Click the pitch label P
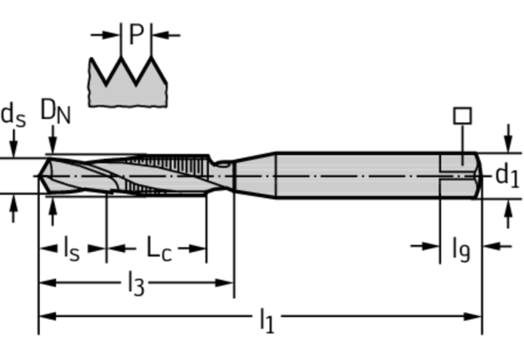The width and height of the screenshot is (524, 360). pyautogui.click(x=136, y=34)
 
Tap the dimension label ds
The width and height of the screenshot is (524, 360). pyautogui.click(x=13, y=115)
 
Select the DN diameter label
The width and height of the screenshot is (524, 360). pyautogui.click(x=56, y=111)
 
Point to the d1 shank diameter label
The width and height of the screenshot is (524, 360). pyautogui.click(x=507, y=175)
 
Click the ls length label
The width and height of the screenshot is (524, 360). pyautogui.click(x=72, y=249)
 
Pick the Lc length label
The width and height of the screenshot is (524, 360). pyautogui.click(x=160, y=249)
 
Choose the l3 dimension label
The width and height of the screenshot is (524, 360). pyautogui.click(x=136, y=283)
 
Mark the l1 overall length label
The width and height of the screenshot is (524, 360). pyautogui.click(x=267, y=320)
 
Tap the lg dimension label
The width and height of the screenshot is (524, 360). pyautogui.click(x=461, y=249)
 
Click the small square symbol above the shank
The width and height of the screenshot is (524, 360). pyautogui.click(x=463, y=116)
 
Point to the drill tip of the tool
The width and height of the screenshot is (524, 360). pyautogui.click(x=39, y=175)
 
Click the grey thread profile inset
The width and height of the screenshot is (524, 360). pyautogui.click(x=127, y=82)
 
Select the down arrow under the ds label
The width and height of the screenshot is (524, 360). pyautogui.click(x=13, y=143)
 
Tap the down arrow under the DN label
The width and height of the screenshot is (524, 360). pyautogui.click(x=53, y=140)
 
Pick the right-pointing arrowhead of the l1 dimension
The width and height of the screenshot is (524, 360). pyautogui.click(x=473, y=316)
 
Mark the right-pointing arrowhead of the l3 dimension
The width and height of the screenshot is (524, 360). pyautogui.click(x=224, y=283)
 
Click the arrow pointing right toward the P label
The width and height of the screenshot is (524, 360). pyautogui.click(x=106, y=34)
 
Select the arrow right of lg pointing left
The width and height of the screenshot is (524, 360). pyautogui.click(x=497, y=247)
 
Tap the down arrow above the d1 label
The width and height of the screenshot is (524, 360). pyautogui.click(x=508, y=139)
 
